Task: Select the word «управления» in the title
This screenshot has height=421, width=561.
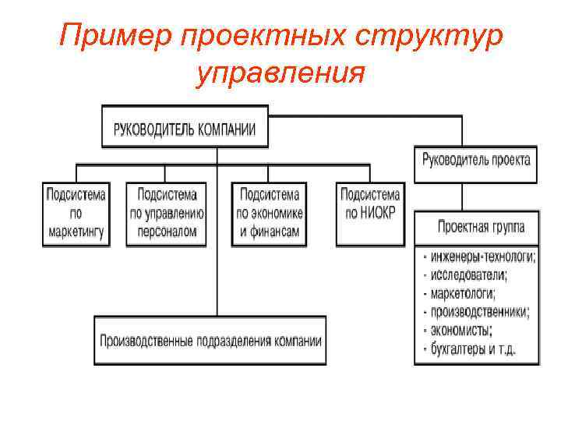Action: tap(281, 74)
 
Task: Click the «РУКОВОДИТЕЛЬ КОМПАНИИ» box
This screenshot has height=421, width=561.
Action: tap(185, 128)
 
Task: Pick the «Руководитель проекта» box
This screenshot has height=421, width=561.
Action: tap(476, 161)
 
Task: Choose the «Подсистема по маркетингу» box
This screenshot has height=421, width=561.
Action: tap(76, 212)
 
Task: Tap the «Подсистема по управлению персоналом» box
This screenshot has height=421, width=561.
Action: tap(167, 212)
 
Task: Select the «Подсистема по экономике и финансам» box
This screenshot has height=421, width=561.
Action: tap(270, 212)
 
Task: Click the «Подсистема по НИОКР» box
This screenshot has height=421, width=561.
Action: tap(370, 212)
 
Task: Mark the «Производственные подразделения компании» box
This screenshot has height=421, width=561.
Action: tap(210, 341)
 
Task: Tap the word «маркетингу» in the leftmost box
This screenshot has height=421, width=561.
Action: tap(76, 232)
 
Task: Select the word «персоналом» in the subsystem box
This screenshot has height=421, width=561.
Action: tap(167, 232)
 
